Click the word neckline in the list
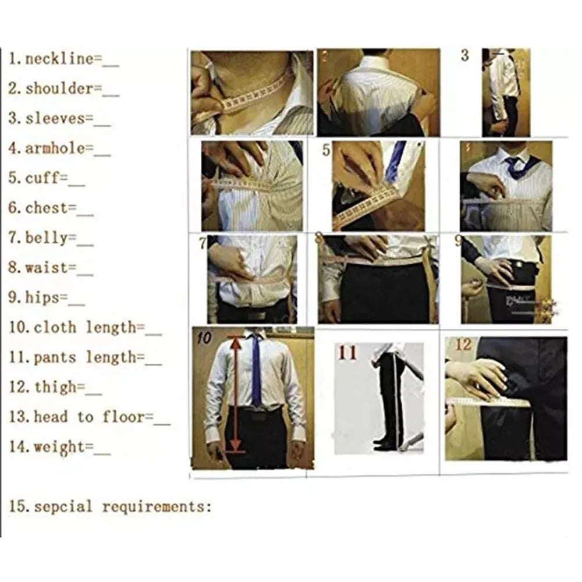[x=59, y=59]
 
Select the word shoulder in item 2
[x=59, y=88]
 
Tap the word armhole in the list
[x=55, y=148]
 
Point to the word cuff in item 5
[x=42, y=178]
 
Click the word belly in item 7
[x=47, y=238]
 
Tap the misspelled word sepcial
[x=63, y=507]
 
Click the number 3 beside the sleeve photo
[x=465, y=56]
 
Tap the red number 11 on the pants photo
[x=347, y=353]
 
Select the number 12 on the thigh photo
[x=463, y=345]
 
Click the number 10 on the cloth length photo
[x=204, y=338]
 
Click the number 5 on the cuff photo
[x=326, y=150]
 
